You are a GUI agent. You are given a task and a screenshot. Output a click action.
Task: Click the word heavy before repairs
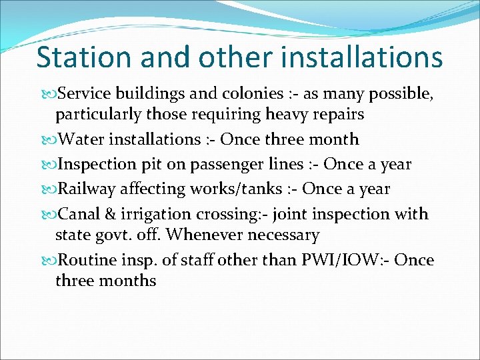[290, 115]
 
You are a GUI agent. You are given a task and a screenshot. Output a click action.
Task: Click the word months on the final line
[127, 281]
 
